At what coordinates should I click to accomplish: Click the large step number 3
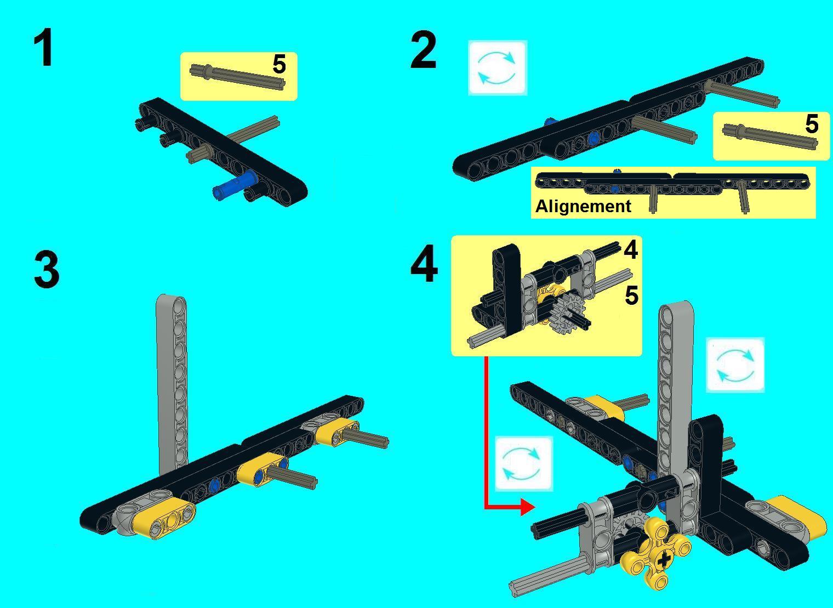coord(47,269)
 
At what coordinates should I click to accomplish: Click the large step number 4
coord(424,264)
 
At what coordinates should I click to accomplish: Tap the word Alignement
coord(583,206)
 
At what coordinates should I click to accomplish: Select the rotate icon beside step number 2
coord(498,68)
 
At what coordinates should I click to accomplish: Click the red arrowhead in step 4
coord(527,507)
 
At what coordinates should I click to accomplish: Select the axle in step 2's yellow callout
coord(770,137)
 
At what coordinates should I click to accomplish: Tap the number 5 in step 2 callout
coord(812,124)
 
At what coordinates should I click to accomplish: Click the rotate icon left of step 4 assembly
coord(523,464)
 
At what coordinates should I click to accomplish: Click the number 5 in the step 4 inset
coord(631,296)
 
